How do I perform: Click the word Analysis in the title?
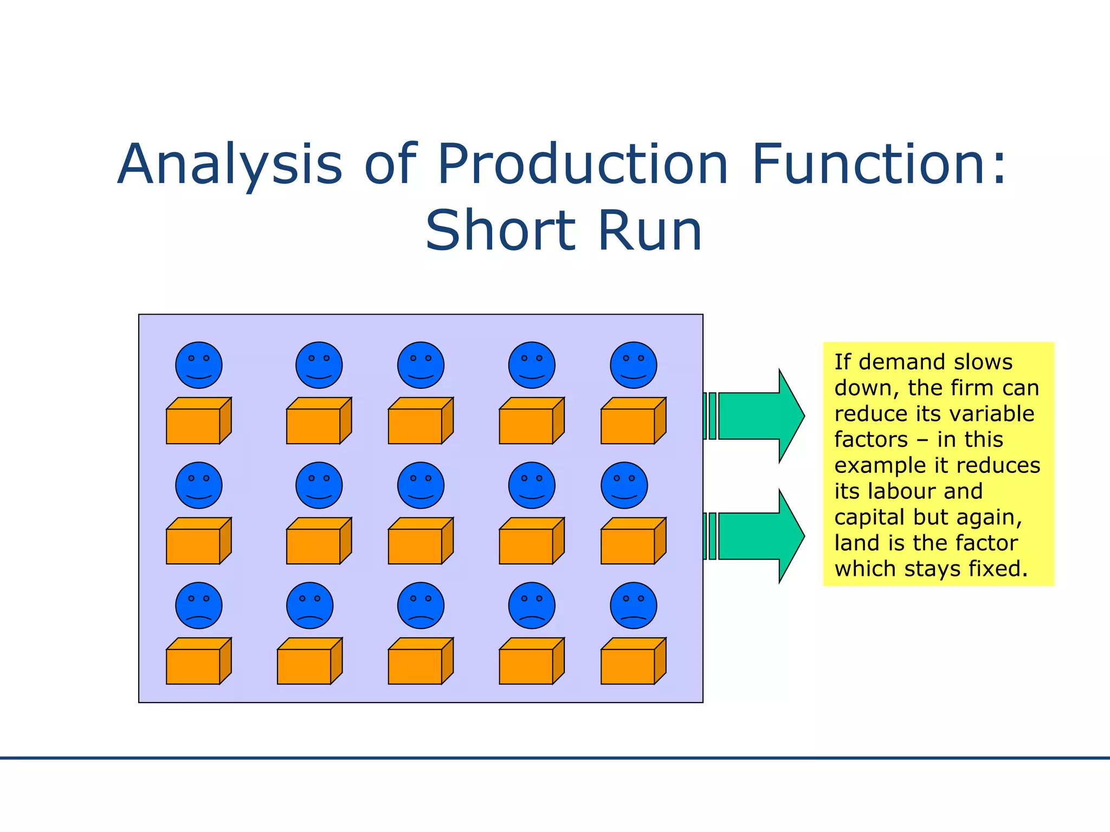point(230,164)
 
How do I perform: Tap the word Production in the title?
point(582,164)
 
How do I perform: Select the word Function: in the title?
point(879,164)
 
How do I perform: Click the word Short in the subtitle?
point(500,231)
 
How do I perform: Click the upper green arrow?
point(759,416)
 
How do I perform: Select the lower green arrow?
point(759,536)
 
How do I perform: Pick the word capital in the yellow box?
point(870,517)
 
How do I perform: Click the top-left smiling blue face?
point(199,365)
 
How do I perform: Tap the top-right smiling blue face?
point(633,365)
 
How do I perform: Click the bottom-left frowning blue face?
point(199,606)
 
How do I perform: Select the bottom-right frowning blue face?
point(633,606)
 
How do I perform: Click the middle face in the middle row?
point(421,485)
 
